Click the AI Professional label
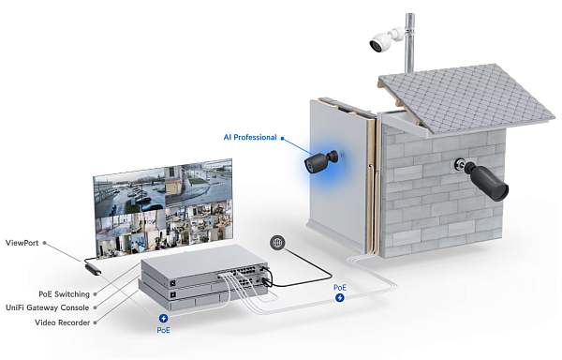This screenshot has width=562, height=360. coord(250,137)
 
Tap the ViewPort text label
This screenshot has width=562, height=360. coord(24,244)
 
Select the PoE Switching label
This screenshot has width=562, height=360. coord(65,293)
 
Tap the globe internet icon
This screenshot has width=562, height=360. coord(277,243)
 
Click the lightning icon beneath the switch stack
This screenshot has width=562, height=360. coord(164,319)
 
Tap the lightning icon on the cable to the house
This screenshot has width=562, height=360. coord(339,297)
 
